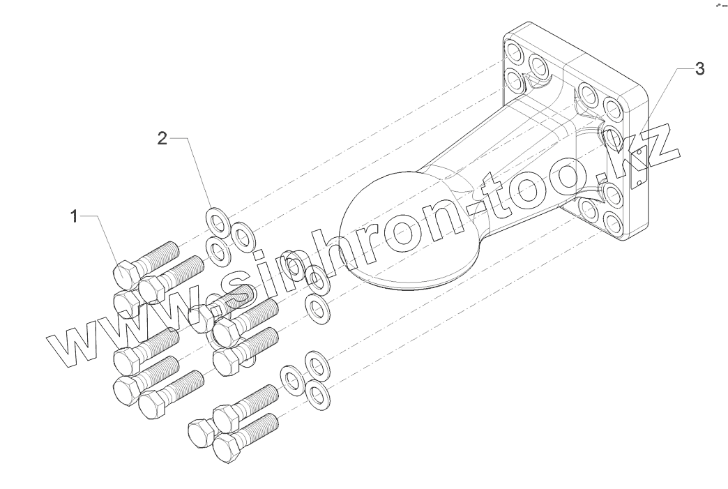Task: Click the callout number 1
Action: (73, 217)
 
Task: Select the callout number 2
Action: (162, 139)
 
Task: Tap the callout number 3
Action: (699, 68)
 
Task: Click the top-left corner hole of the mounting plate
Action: (515, 51)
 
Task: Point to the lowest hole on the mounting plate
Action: (614, 223)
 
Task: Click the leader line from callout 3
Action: (666, 101)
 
